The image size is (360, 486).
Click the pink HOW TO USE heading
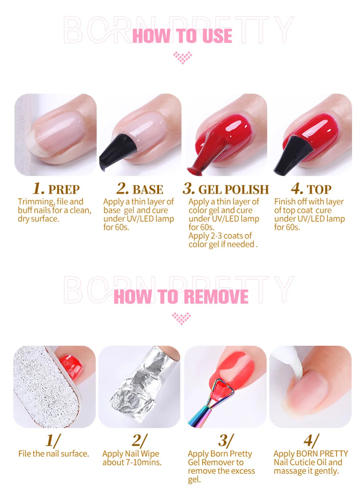(x=182, y=36)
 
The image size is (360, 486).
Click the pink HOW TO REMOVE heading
(x=181, y=296)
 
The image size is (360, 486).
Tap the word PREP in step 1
(x=64, y=190)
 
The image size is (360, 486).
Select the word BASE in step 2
(x=148, y=190)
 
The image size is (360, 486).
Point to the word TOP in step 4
(x=319, y=190)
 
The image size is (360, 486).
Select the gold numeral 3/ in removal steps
(x=225, y=441)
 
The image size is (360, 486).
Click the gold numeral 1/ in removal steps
(x=53, y=441)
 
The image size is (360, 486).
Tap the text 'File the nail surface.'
(x=53, y=453)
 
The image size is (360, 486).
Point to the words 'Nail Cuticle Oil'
(x=308, y=462)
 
